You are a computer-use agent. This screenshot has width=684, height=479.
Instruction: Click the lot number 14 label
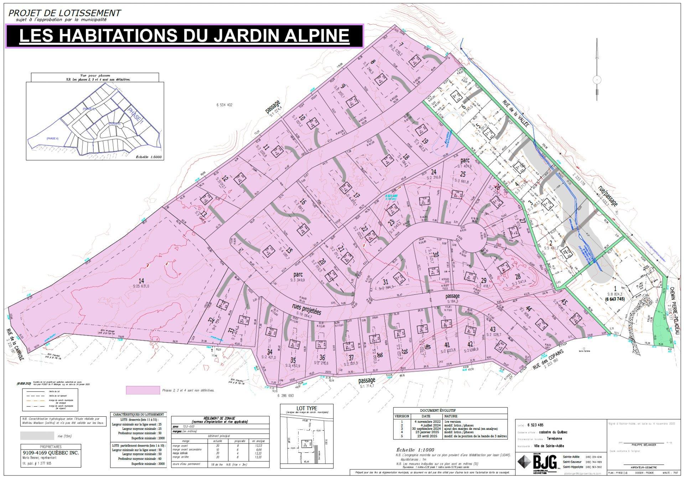click(141, 280)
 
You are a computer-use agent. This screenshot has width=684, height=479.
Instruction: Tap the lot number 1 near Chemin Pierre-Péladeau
click(615, 288)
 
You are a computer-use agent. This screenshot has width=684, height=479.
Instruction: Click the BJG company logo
click(538, 463)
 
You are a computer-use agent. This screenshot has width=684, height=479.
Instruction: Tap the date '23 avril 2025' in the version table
click(426, 436)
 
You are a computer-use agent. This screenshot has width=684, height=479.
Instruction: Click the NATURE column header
click(451, 416)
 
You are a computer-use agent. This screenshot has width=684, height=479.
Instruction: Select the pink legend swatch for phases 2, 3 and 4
click(143, 390)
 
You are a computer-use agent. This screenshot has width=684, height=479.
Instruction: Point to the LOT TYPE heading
click(307, 408)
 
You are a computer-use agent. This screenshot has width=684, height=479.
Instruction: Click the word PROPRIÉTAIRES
click(51, 447)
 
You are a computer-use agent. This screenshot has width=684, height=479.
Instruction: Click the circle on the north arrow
click(597, 79)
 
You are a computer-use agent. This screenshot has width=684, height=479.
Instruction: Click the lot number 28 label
click(518, 277)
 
